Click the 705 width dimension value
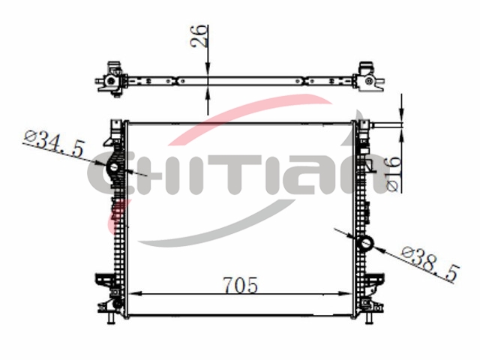(240, 285)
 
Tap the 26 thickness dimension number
(199, 36)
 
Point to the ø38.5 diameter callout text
(430, 265)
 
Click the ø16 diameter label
(394, 173)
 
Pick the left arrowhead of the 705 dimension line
(135, 293)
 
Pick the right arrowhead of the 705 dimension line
(345, 293)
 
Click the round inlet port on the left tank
(114, 167)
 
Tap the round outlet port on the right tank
(367, 244)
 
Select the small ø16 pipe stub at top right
(375, 124)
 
